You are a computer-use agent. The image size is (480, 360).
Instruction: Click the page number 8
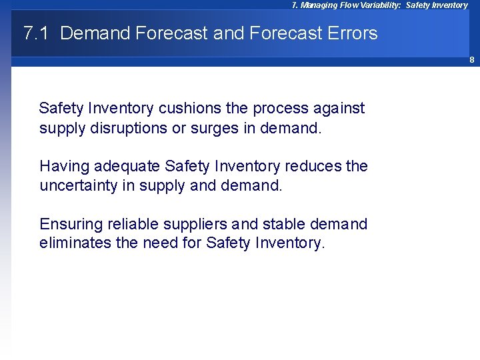(471, 60)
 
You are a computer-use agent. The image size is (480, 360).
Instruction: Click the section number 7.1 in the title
(36, 33)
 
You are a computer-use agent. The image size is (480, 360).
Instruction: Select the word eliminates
(75, 243)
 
